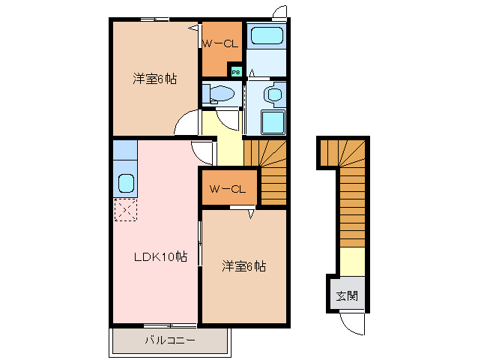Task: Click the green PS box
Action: pyautogui.click(x=236, y=72)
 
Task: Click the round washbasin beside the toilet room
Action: pyautogui.click(x=274, y=95)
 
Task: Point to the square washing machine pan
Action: pyautogui.click(x=273, y=122)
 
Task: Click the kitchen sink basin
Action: pyautogui.click(x=126, y=182)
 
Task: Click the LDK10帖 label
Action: pyautogui.click(x=160, y=257)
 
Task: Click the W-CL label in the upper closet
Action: pyautogui.click(x=220, y=43)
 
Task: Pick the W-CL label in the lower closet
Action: pyautogui.click(x=228, y=189)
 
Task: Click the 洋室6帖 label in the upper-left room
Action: pyautogui.click(x=155, y=79)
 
